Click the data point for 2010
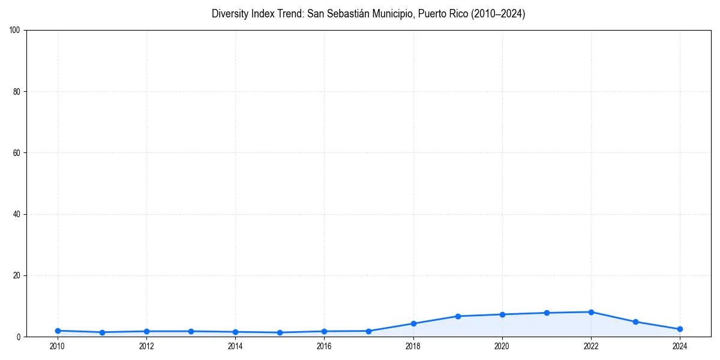(x=58, y=331)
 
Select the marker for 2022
(x=591, y=312)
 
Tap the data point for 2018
(x=413, y=323)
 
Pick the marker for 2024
(x=680, y=329)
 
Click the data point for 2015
(x=280, y=332)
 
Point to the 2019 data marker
(x=458, y=316)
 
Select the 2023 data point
(x=635, y=322)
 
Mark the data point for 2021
(x=547, y=313)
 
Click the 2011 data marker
(x=102, y=332)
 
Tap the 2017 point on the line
(x=368, y=331)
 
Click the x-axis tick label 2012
(x=146, y=346)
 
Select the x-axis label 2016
(x=324, y=346)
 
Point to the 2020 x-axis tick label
(x=502, y=346)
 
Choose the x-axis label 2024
(x=680, y=346)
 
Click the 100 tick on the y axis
(x=15, y=30)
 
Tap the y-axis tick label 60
(x=17, y=153)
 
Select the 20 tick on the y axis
(x=17, y=275)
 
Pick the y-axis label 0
(x=19, y=337)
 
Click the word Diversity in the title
(x=229, y=14)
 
